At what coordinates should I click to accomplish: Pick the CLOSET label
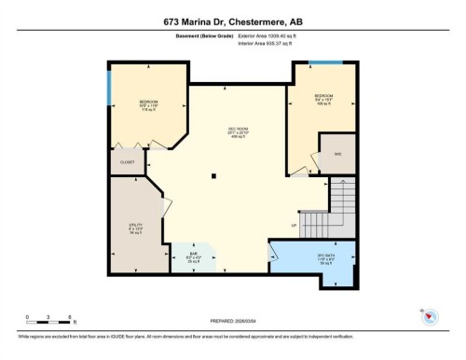(x=128, y=161)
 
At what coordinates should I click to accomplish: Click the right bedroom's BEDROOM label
(x=322, y=95)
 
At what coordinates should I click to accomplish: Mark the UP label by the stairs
(x=294, y=225)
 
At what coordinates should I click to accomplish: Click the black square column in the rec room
(x=213, y=174)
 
